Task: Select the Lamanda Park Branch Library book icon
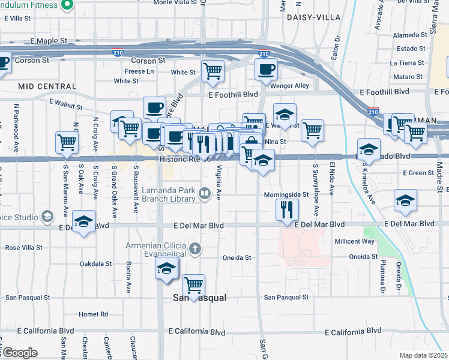[204, 193]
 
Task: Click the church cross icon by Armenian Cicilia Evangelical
[194, 248]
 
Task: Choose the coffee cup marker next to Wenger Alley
[266, 68]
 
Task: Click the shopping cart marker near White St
[213, 71]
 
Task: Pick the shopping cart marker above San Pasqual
[193, 285]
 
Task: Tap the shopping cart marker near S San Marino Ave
[67, 142]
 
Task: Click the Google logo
[19, 353]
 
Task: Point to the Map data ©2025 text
[423, 355]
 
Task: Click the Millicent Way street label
[354, 241]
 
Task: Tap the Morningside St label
[286, 195]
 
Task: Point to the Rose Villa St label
[25, 247]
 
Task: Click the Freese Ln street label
[139, 71]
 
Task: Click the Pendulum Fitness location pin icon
[67, 5]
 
